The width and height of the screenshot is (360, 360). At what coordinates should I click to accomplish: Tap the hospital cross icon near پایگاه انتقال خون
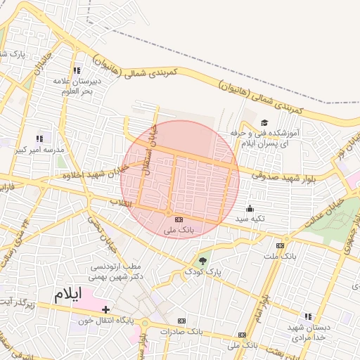pos(105,309)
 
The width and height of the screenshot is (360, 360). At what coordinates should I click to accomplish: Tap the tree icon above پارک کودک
pos(203,261)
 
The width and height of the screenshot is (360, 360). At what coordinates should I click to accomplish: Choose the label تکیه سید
pos(249,219)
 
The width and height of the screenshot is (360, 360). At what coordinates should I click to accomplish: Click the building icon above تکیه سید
pos(249,208)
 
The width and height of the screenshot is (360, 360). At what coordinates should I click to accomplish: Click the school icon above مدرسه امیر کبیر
pos(39,139)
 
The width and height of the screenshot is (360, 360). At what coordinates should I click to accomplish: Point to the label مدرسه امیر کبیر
pos(44,150)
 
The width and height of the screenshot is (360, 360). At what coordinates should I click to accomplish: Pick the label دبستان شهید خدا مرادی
pos(307,333)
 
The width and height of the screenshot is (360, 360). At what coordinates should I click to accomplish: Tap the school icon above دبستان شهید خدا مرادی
pos(307,316)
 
